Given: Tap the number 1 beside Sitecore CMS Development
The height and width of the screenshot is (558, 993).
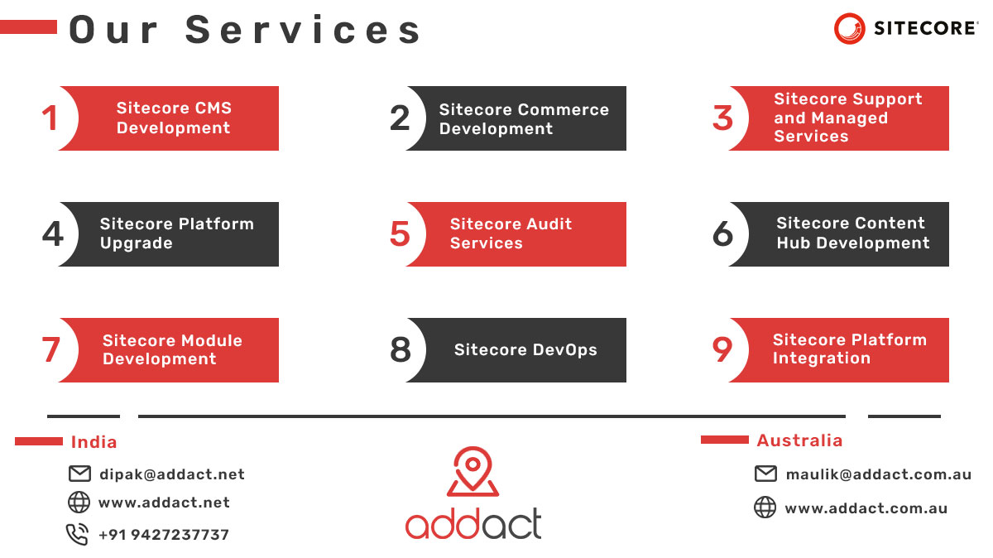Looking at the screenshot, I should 50,118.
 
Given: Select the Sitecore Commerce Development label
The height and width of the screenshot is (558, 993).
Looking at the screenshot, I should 523,119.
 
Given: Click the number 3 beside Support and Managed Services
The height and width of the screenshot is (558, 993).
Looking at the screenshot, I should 722,118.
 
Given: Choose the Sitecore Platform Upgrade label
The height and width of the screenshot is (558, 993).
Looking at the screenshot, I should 176,233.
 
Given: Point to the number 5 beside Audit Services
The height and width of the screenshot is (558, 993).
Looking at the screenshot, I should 400,234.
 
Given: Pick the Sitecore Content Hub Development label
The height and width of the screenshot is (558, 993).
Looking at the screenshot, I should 852,233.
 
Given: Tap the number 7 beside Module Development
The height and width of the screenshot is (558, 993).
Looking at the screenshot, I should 51,350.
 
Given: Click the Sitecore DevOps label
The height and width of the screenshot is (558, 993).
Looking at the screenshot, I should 525,350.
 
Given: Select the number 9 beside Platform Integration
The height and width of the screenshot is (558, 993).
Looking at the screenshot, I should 722,350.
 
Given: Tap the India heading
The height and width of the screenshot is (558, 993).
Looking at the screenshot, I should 94,442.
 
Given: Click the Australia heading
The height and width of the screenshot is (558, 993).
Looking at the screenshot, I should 799,440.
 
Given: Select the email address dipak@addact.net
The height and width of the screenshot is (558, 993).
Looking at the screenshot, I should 172,474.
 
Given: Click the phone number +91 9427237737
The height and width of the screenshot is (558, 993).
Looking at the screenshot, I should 164,535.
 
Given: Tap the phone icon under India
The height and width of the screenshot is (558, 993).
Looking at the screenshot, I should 78,535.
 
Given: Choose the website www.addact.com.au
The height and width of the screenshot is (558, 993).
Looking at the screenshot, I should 866,508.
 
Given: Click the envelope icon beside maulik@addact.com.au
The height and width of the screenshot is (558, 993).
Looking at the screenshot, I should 765,474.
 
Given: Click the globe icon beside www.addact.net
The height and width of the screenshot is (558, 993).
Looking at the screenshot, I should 79,503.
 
